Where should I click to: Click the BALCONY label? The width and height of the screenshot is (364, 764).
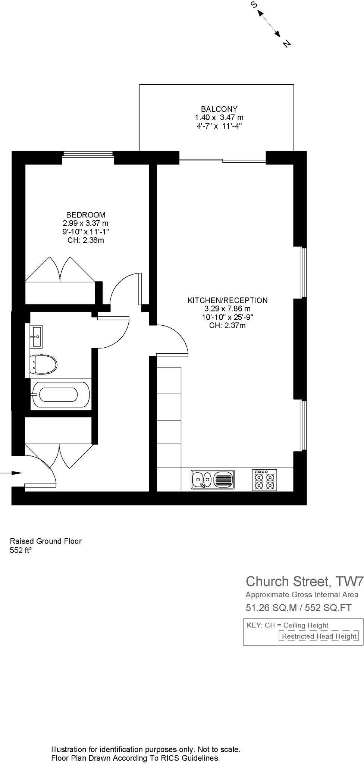[x=219, y=109]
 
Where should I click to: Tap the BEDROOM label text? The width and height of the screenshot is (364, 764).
[x=86, y=215]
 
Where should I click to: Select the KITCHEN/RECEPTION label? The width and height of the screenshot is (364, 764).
[x=227, y=300]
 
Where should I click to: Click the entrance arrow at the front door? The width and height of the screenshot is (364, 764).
[x=11, y=473]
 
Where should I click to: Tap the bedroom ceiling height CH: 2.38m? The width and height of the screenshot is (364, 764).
[x=86, y=240]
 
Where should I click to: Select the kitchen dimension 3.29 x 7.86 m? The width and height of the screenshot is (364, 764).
[x=227, y=309]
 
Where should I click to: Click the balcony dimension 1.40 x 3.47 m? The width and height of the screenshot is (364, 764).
[x=219, y=118]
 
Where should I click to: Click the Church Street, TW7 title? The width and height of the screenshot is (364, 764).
[x=304, y=582]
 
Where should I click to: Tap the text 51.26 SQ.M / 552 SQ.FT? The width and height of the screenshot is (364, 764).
[x=298, y=608]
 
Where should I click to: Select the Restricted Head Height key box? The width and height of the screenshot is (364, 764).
[x=319, y=636]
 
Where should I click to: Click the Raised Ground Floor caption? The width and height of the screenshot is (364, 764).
[x=45, y=541]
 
